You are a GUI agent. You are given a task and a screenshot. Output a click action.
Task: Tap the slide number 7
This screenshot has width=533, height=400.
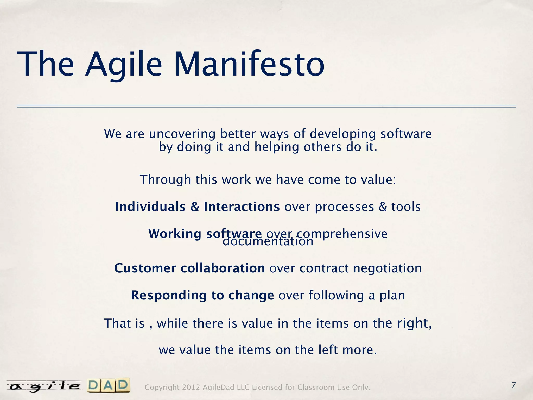pos(513,385)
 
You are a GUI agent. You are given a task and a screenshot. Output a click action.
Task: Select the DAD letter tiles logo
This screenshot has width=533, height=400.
pos(109,386)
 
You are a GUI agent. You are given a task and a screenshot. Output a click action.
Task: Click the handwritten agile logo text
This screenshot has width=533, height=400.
pos(44,386)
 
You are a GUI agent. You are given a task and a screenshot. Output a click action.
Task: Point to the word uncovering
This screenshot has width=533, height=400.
pos(182,134)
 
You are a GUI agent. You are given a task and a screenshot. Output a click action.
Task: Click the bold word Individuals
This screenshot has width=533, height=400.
pos(150,207)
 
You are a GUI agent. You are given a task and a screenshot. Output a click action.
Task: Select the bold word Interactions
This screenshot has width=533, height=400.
pos(242,207)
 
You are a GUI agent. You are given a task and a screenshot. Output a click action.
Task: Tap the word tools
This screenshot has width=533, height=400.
pos(406,207)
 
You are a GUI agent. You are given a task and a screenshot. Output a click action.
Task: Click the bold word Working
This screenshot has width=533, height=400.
pos(175,234)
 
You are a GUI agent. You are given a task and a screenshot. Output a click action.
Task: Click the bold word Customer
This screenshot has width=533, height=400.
pos(145,268)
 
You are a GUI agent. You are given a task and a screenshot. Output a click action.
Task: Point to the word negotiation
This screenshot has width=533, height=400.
pos(387,268)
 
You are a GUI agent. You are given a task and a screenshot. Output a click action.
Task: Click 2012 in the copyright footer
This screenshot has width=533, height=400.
pos(191,387)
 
